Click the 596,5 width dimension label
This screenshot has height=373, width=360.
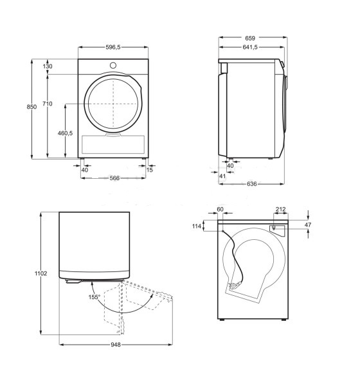[x=113, y=47]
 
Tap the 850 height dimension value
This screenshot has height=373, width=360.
[x=32, y=107]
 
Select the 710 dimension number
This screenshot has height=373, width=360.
[x=48, y=104]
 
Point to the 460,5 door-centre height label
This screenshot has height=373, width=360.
[x=65, y=133]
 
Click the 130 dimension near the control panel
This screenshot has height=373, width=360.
[x=48, y=66]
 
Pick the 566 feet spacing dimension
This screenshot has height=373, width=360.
[x=114, y=178]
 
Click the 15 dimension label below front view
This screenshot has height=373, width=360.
[x=149, y=170]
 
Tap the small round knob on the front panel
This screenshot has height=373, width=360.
[x=113, y=65]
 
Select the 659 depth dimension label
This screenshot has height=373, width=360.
[x=250, y=38]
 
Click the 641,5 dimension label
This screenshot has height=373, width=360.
[x=250, y=47]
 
